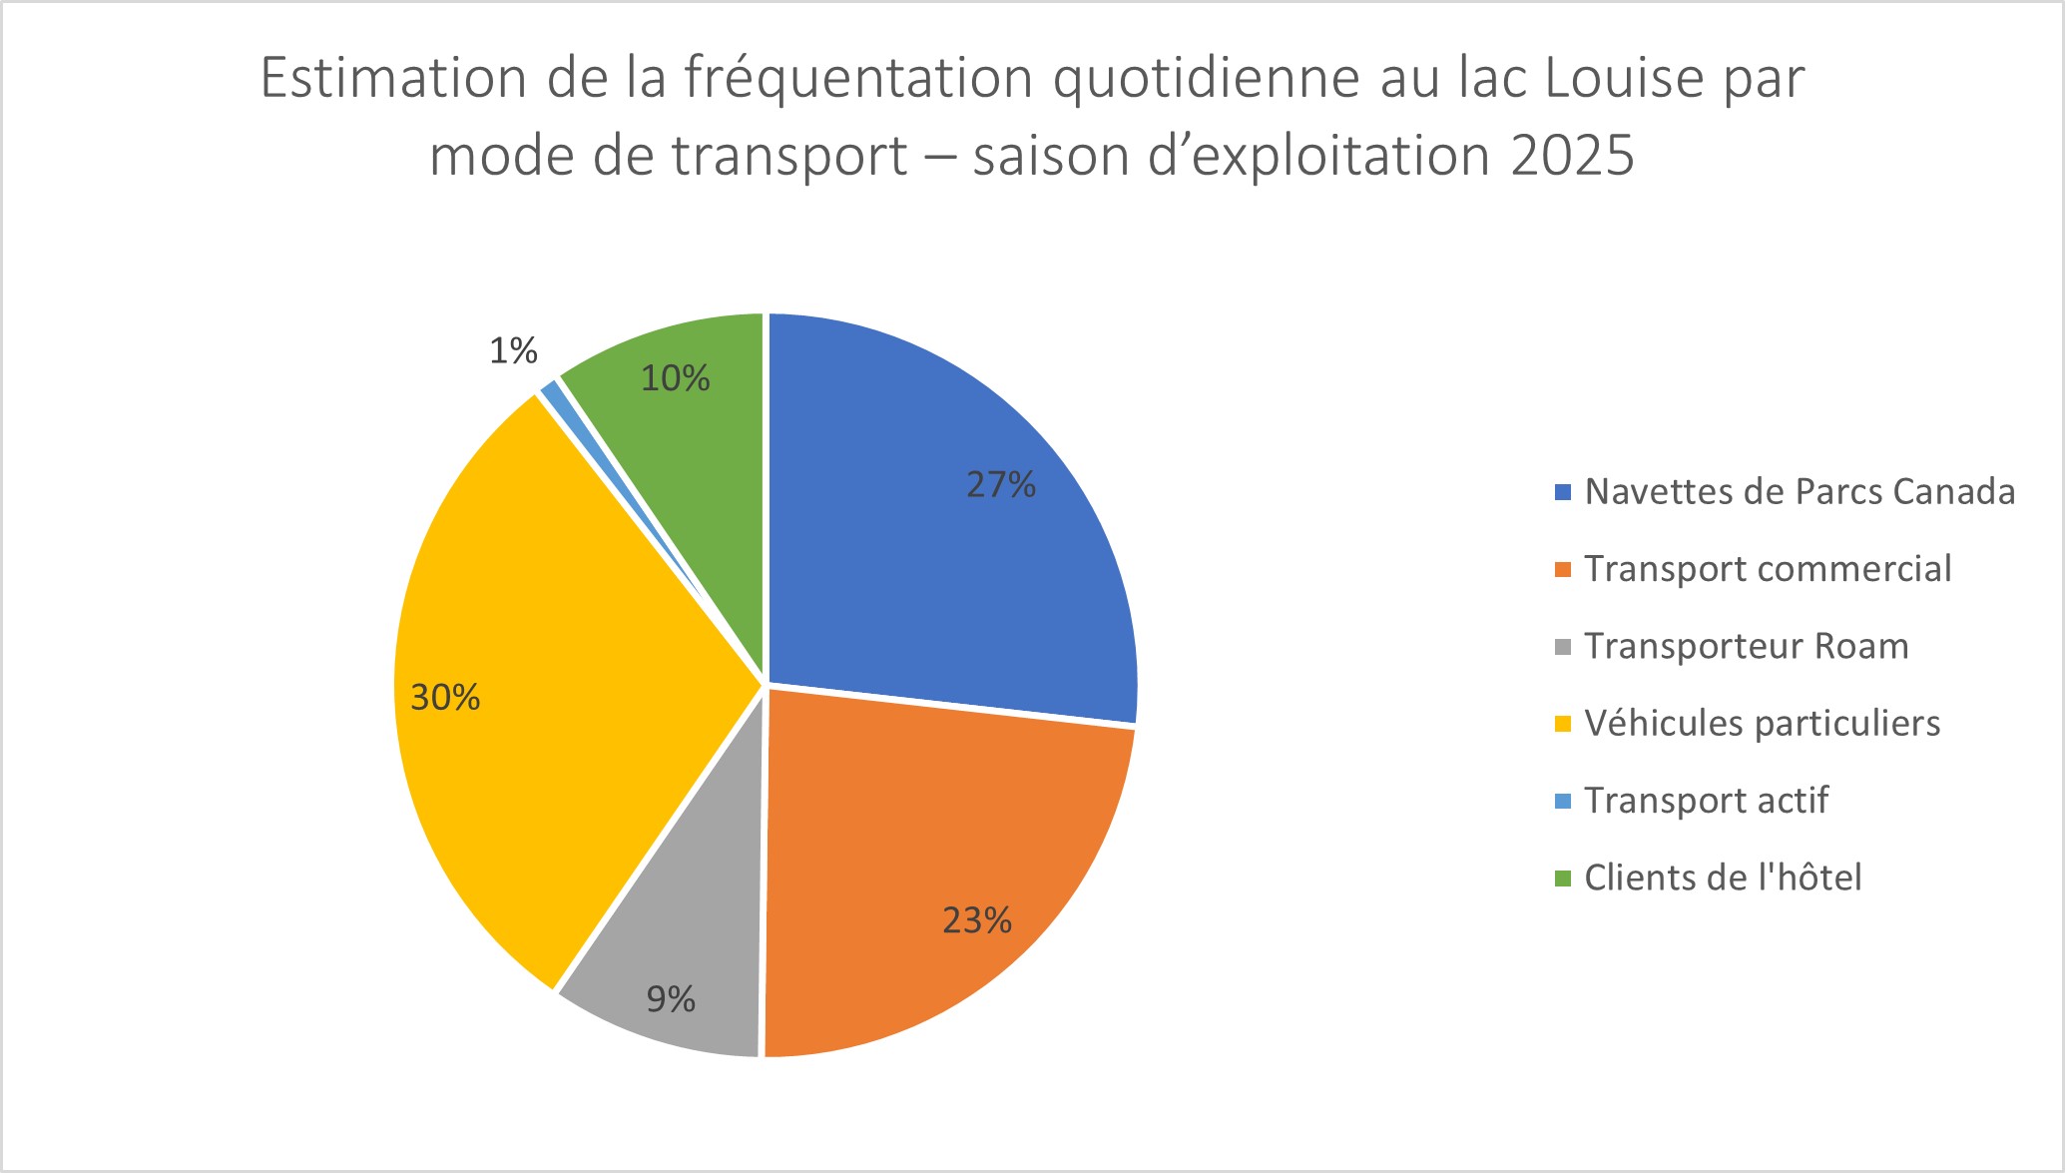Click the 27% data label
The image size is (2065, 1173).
pos(1000,485)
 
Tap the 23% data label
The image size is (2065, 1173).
pos(977,920)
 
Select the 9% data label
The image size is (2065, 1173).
pos(671,999)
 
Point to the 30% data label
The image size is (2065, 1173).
pos(445,697)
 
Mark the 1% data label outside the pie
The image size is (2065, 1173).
pos(513,350)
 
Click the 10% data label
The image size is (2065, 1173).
pos(675,378)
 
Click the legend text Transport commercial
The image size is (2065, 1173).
pos(1767,569)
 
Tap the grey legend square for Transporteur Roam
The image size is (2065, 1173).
pos(1563,647)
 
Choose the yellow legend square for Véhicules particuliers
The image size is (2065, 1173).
pos(1563,724)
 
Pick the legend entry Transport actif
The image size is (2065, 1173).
pos(1706,801)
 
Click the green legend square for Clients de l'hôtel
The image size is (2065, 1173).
pos(1563,879)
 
